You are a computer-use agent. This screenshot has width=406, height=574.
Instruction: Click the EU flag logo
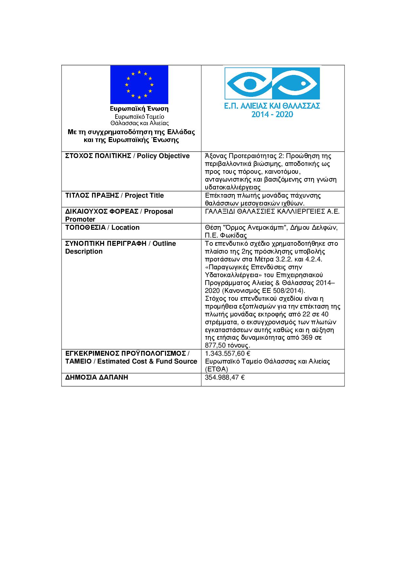click(139, 84)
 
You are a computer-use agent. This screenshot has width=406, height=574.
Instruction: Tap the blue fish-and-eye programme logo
click(271, 83)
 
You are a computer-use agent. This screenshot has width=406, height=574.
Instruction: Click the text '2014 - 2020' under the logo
click(272, 115)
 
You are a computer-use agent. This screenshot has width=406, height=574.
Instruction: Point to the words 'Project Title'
click(144, 195)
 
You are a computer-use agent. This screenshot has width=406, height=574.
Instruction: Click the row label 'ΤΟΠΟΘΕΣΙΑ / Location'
click(102, 227)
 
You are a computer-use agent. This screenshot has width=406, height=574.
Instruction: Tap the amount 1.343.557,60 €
click(228, 353)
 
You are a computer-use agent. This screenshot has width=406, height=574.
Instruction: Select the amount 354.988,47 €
click(225, 377)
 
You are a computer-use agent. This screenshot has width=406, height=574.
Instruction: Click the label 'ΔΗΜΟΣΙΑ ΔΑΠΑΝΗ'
click(97, 377)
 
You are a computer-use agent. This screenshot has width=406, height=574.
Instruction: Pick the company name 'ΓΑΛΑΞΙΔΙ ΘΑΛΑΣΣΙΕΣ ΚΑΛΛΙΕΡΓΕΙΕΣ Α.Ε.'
click(272, 211)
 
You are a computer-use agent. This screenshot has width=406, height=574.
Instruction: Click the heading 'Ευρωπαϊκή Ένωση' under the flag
click(139, 109)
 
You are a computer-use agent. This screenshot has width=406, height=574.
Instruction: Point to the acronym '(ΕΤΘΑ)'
click(216, 369)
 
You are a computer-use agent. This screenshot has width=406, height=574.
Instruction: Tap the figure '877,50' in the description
click(215, 345)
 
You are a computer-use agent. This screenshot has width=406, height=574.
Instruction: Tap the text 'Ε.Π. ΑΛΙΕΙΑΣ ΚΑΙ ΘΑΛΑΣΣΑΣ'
click(272, 106)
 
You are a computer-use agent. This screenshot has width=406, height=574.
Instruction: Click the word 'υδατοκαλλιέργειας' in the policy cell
click(232, 188)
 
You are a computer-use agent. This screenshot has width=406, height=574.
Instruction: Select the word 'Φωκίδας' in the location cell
click(235, 235)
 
